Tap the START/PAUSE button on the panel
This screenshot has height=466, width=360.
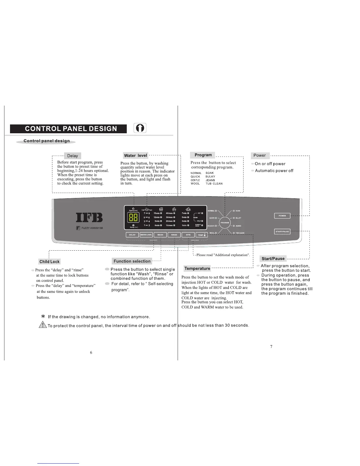click(x=282, y=232)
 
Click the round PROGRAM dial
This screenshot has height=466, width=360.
click(x=225, y=223)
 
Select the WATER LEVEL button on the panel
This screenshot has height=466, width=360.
click(x=146, y=235)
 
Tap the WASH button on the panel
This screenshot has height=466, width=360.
click(x=160, y=235)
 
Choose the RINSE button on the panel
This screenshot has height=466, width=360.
click(x=174, y=235)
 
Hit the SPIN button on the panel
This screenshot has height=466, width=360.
click(x=188, y=235)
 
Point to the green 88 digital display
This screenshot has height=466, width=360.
click(x=133, y=218)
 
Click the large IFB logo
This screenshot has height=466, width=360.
click(x=89, y=218)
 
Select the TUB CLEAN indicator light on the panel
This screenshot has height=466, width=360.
click(x=234, y=233)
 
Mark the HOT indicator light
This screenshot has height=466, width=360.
click(x=202, y=213)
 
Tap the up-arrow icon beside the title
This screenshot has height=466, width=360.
click(x=140, y=128)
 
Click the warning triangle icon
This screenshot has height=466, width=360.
click(x=43, y=325)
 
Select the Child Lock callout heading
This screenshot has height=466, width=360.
click(x=49, y=262)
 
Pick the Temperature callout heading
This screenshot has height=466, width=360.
click(x=197, y=268)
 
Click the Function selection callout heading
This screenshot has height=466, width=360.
click(x=132, y=261)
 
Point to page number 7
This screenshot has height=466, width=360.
click(x=271, y=347)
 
